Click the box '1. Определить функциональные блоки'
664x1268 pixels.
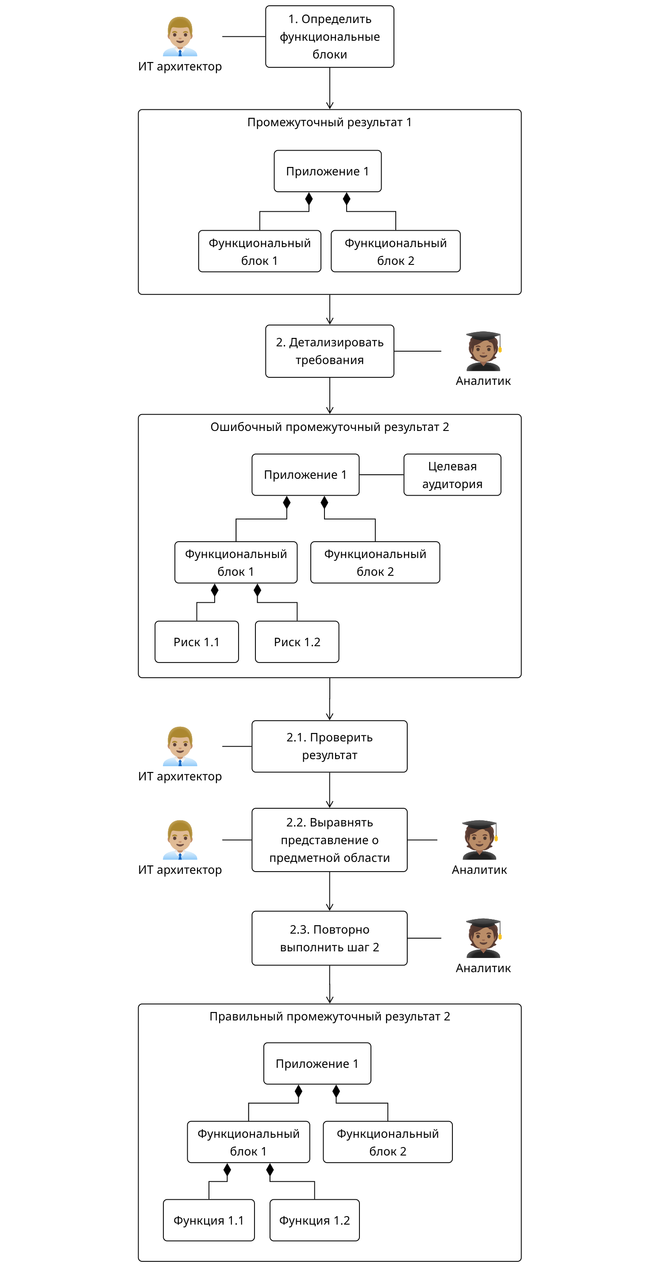pyautogui.click(x=329, y=37)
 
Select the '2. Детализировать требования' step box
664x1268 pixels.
pyautogui.click(x=329, y=351)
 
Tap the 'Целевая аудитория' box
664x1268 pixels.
pyautogui.click(x=452, y=474)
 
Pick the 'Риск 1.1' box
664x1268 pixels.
pyautogui.click(x=196, y=642)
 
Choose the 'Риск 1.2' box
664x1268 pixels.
pyautogui.click(x=297, y=642)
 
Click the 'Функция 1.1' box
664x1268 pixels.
pyautogui.click(x=208, y=1220)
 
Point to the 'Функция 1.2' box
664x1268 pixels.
pyautogui.click(x=314, y=1220)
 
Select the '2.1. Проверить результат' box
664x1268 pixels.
pyautogui.click(x=329, y=746)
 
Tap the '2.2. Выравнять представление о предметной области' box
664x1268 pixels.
pyautogui.click(x=329, y=840)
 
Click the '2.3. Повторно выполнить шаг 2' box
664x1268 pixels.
pyautogui.click(x=329, y=938)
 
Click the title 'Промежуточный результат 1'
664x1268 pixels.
pyautogui.click(x=329, y=122)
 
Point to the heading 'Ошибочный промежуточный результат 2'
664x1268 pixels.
pyautogui.click(x=329, y=427)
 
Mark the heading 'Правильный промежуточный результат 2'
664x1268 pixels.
pyautogui.click(x=329, y=1016)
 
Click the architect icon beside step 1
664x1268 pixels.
pyautogui.click(x=180, y=37)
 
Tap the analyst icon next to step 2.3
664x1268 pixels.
pyautogui.click(x=483, y=938)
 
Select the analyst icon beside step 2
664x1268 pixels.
pyautogui.click(x=483, y=351)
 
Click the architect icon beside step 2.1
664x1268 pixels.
pyautogui.click(x=180, y=746)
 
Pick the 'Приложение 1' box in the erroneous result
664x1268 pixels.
pyautogui.click(x=305, y=474)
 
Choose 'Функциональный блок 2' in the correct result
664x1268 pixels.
pyautogui.click(x=388, y=1142)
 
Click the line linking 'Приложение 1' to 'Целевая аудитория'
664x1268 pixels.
pyautogui.click(x=381, y=474)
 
